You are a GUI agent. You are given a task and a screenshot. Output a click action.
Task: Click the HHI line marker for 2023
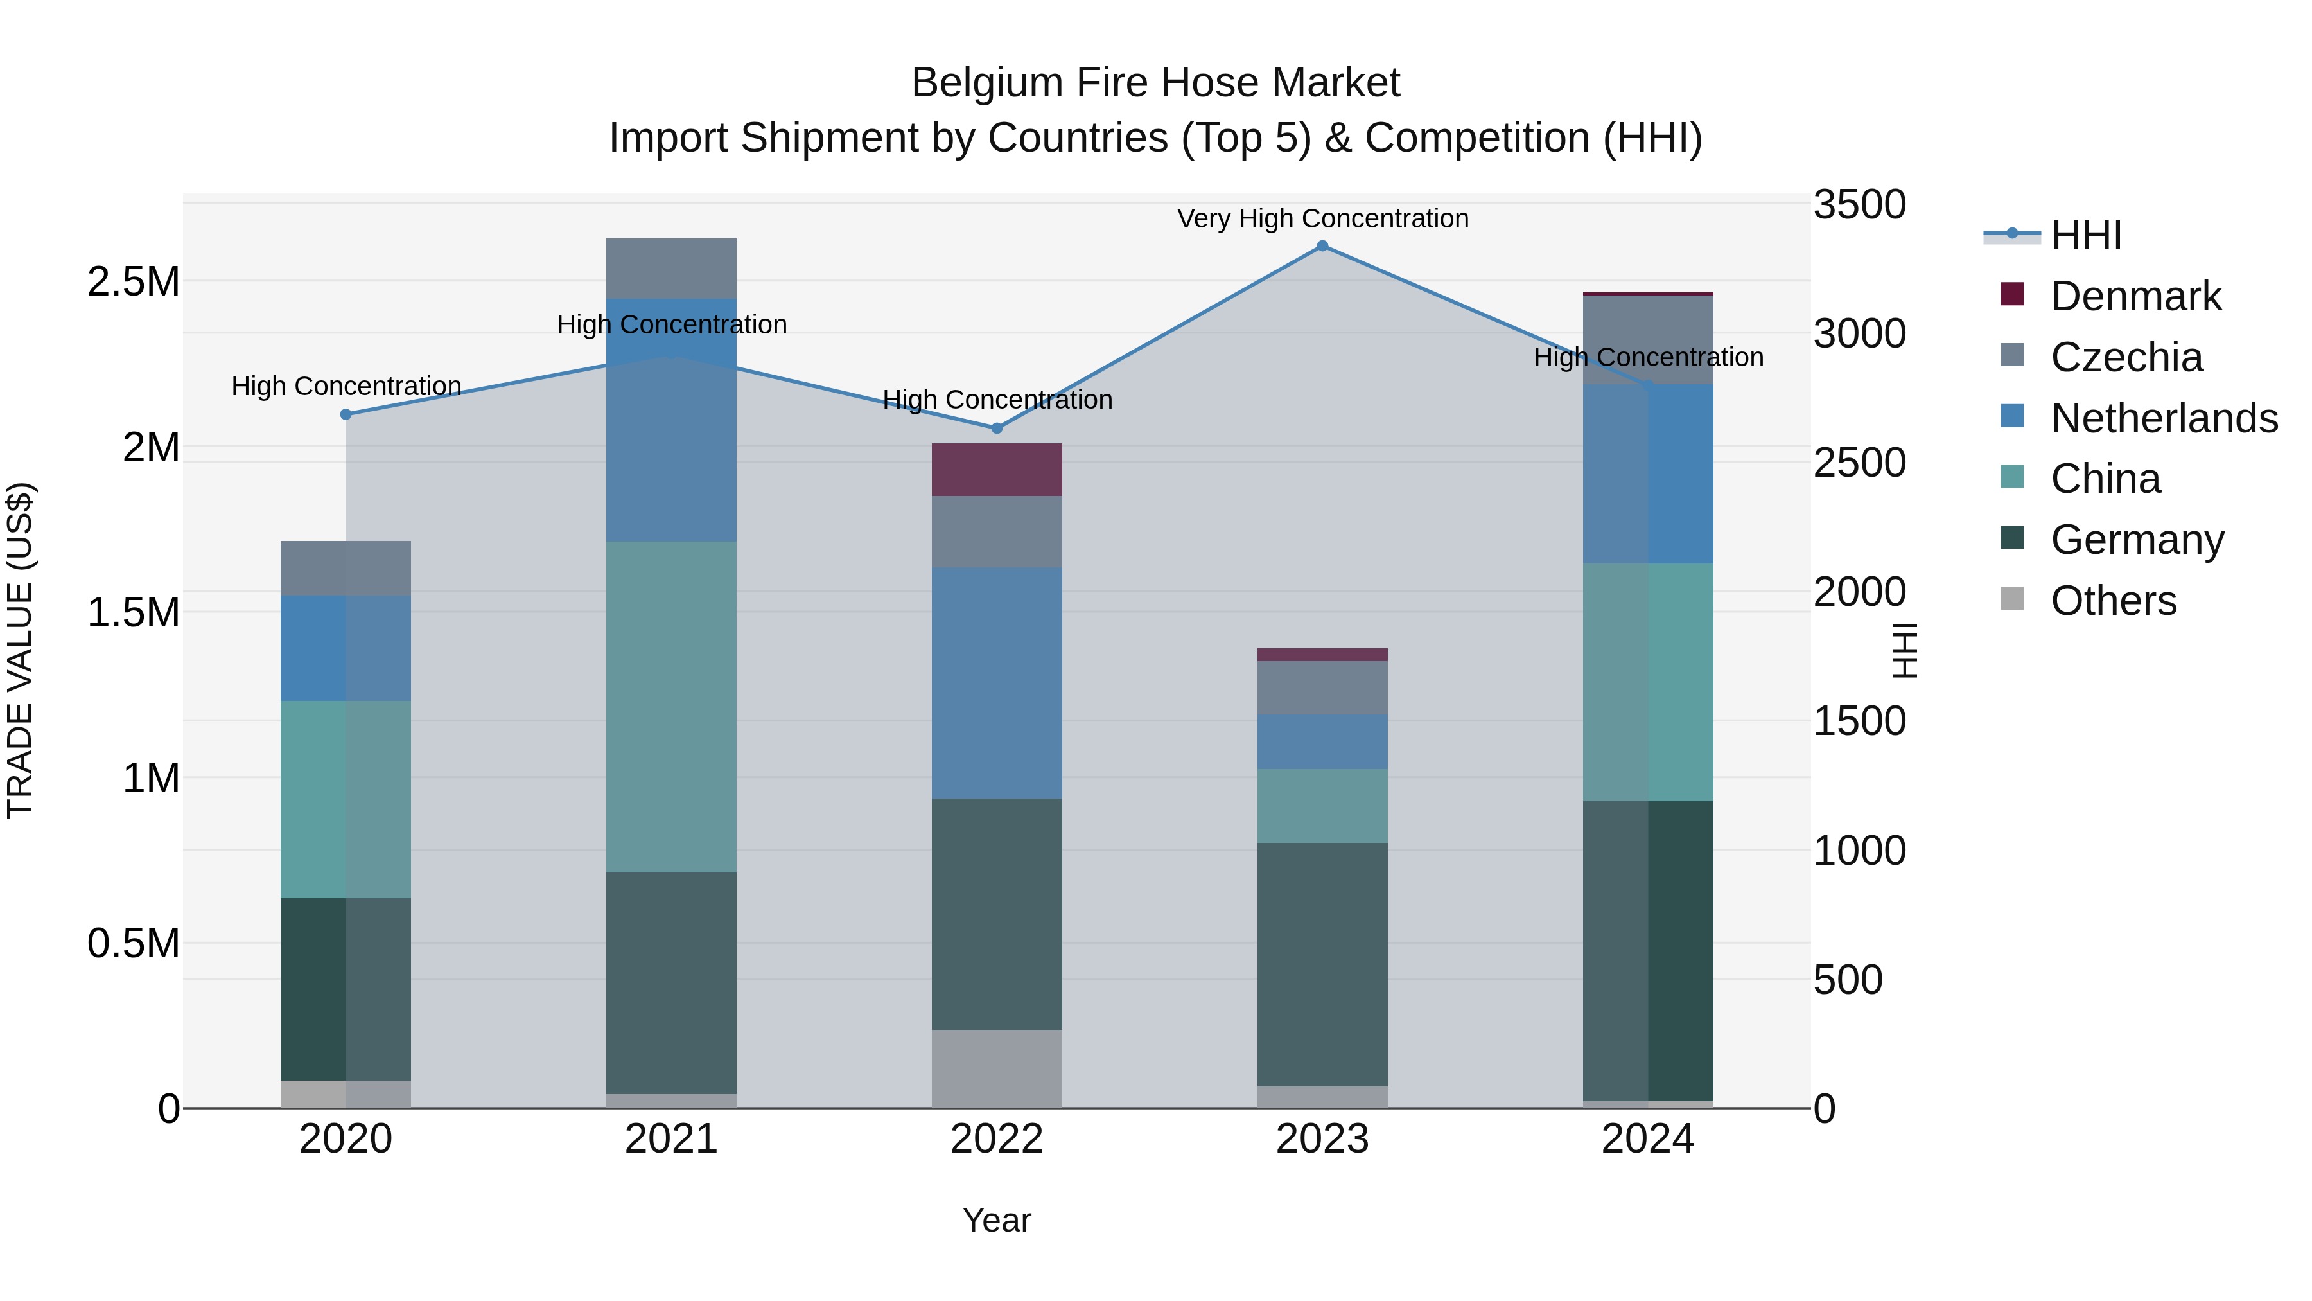[x=1322, y=246]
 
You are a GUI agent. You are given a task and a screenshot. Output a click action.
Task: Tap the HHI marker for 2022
[x=996, y=429]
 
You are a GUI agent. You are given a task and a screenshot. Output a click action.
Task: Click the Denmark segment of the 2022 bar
[x=996, y=470]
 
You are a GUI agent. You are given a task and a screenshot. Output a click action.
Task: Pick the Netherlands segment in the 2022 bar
[x=996, y=682]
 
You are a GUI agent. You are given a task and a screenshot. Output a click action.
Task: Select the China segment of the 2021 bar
[x=671, y=707]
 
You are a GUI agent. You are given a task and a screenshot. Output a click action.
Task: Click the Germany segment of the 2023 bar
[x=1322, y=964]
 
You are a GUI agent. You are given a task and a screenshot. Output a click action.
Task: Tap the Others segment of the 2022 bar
[x=996, y=1068]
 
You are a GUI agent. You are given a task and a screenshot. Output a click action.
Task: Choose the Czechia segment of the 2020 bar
[x=346, y=569]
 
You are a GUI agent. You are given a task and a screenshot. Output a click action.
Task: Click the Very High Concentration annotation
[x=1322, y=219]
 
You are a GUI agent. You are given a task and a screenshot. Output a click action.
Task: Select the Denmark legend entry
[x=2135, y=296]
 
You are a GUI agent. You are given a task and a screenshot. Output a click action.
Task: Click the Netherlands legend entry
[x=2163, y=418]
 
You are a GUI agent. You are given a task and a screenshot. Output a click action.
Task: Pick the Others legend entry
[x=2113, y=601]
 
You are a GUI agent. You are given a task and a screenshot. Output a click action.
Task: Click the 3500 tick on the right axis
[x=1860, y=205]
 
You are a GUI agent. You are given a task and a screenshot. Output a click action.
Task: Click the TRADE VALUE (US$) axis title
[x=20, y=650]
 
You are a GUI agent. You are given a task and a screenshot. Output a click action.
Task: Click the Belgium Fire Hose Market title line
[x=1155, y=83]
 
